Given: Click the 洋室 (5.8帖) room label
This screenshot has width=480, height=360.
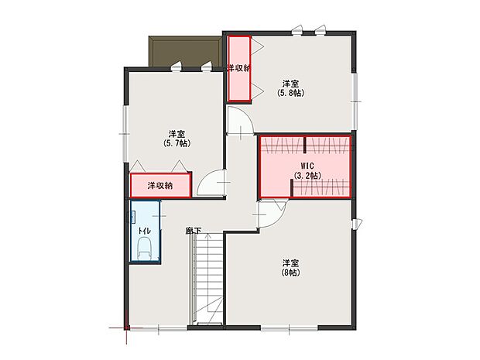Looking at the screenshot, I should click(290, 87).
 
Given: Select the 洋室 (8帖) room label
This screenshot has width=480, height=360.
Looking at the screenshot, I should click(290, 267).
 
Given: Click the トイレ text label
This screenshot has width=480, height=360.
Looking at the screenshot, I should click(144, 231).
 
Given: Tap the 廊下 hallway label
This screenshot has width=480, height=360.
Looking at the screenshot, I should click(193, 231).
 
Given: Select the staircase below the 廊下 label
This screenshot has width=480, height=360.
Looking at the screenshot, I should click(207, 279).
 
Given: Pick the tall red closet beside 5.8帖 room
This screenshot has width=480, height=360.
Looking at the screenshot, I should click(238, 70).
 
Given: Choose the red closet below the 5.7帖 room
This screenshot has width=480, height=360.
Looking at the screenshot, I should click(160, 186).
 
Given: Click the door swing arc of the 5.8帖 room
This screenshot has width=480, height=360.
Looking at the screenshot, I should click(240, 123).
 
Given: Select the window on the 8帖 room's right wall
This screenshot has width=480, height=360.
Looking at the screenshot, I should click(355, 225).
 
